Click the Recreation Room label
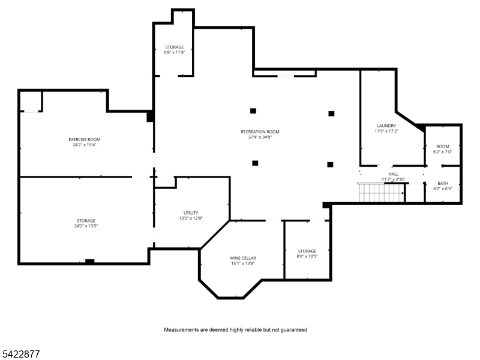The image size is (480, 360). click(260, 132)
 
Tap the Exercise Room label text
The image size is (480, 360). click(85, 140)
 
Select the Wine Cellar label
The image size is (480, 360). click(243, 258)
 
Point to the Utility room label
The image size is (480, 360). click(191, 213)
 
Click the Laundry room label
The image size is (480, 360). click(386, 126)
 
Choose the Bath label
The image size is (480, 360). click(443, 184)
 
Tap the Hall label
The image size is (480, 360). click(394, 174)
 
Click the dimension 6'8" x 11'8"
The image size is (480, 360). click(175, 52)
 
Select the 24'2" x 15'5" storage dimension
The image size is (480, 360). click(86, 226)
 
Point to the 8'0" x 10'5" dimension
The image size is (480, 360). click(307, 256)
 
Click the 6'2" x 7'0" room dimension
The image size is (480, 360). click(443, 152)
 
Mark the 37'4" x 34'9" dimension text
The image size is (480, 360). click(260, 137)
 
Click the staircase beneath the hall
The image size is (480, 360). click(381, 193)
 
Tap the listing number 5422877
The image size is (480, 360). click(20, 354)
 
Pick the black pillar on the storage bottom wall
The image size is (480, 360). click(89, 262)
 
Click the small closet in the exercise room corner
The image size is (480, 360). click(31, 101)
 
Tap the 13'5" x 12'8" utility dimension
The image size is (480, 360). click(191, 218)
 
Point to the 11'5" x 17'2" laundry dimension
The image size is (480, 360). click(386, 131)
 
